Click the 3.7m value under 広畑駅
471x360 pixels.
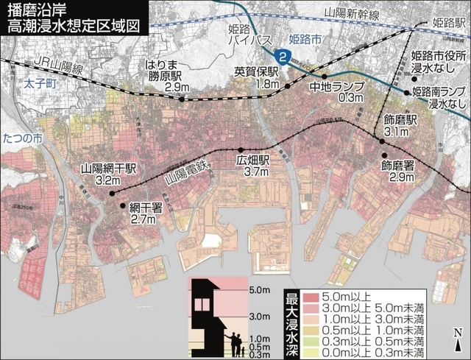[252, 172]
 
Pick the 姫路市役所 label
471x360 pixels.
[439, 56]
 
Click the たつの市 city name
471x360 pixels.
[22, 138]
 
